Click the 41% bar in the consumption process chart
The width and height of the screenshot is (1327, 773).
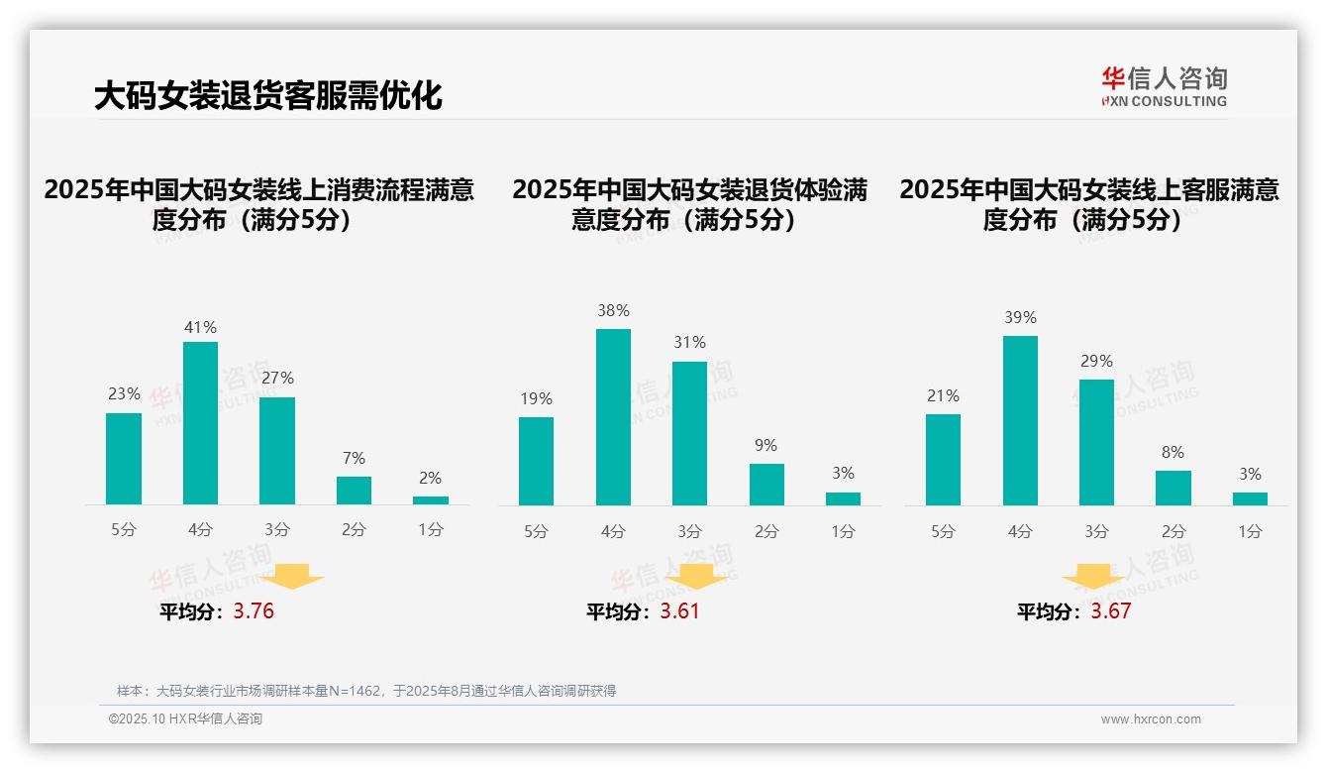200,423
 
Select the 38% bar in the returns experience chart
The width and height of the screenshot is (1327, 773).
613,417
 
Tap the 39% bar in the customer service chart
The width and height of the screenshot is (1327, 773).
1020,420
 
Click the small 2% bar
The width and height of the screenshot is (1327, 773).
431,500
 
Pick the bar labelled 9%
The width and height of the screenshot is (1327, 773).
766,485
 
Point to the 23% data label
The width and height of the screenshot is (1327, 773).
124,393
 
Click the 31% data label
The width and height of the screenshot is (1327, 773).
689,342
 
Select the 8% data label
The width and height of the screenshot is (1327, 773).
1173,452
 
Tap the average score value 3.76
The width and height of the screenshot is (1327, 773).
254,610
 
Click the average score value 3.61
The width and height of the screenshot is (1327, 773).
679,610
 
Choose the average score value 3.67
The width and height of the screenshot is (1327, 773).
1110,610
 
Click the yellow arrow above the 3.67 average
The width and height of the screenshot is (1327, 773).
1093,578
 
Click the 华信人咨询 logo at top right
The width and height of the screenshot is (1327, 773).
1164,86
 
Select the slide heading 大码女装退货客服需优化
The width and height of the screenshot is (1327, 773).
267,96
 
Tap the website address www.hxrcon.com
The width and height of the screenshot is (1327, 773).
1151,719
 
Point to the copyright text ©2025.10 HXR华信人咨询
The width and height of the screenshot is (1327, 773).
185,719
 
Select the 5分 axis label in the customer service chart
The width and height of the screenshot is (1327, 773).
943,531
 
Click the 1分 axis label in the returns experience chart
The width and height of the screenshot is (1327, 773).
843,531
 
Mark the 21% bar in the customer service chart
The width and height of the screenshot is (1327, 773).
943,460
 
